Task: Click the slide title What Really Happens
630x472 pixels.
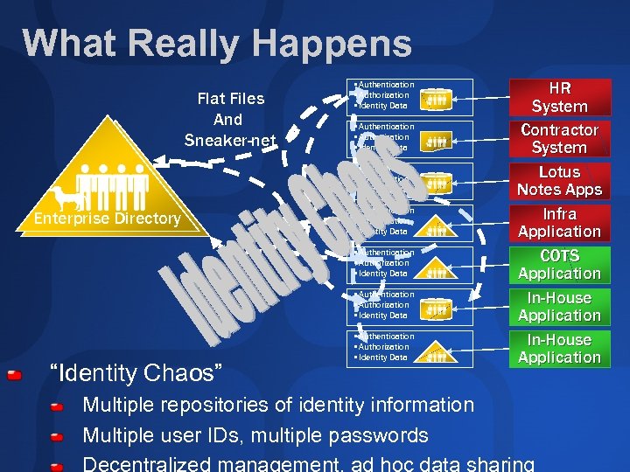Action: pos(217,44)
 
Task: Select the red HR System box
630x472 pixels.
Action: pos(559,97)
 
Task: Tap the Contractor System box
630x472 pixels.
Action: pos(559,139)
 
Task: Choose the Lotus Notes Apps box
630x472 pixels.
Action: pos(559,181)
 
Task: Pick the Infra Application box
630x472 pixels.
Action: pos(559,223)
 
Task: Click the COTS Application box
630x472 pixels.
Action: pos(559,265)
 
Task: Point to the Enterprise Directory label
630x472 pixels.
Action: pos(106,219)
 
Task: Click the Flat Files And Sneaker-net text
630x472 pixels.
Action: pos(230,119)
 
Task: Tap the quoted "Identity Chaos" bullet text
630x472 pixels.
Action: pos(137,373)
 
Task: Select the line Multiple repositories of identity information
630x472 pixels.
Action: pos(277,406)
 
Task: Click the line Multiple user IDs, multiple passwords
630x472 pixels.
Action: pos(255,435)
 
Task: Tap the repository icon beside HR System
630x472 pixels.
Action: pos(437,101)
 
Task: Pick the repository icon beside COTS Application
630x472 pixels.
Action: pos(437,268)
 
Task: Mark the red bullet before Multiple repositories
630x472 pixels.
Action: pos(57,407)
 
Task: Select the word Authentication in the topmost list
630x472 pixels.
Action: pos(386,85)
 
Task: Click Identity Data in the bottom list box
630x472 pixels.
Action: pos(382,357)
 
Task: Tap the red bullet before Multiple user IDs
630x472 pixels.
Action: pos(57,437)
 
